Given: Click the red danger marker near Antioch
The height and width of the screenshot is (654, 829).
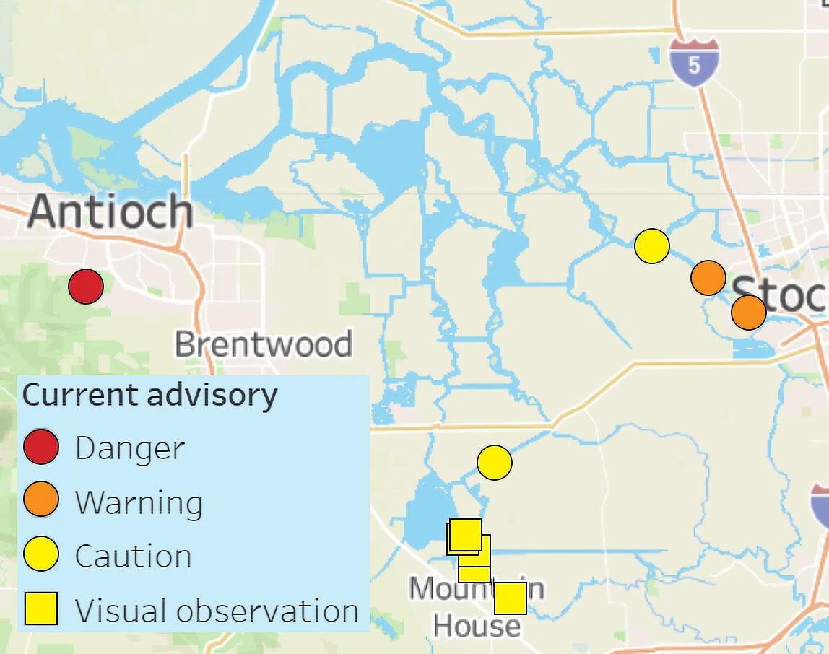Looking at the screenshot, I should (86, 287).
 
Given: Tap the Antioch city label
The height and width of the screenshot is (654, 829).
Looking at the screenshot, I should (110, 212).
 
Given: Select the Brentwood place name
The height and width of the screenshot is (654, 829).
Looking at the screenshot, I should (264, 344).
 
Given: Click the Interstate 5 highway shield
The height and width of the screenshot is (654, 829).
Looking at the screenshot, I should (694, 64).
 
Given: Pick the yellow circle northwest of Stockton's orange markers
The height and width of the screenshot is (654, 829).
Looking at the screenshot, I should (652, 246).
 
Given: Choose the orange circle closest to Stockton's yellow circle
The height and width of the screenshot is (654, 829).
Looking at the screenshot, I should (708, 278).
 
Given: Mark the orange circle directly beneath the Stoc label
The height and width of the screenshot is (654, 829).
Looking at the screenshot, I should (748, 313).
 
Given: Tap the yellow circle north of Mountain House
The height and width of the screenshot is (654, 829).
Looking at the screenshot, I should (495, 462).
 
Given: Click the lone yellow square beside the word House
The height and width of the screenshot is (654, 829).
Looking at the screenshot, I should (510, 598).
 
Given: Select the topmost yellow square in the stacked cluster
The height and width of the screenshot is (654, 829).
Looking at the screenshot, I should (465, 533).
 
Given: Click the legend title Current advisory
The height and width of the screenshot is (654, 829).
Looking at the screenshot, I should (150, 396).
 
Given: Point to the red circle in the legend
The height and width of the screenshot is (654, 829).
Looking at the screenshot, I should (41, 447).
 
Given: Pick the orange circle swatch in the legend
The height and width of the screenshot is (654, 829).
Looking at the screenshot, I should (41, 500).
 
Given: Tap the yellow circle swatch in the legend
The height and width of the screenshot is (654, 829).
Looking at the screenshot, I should (41, 555).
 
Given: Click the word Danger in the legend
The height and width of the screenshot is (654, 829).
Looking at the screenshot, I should (130, 448).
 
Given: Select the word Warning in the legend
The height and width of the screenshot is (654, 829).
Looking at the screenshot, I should (139, 502).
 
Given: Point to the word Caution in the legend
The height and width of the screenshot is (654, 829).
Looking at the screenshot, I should (134, 557).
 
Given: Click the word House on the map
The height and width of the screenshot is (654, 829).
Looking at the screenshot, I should (477, 625).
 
